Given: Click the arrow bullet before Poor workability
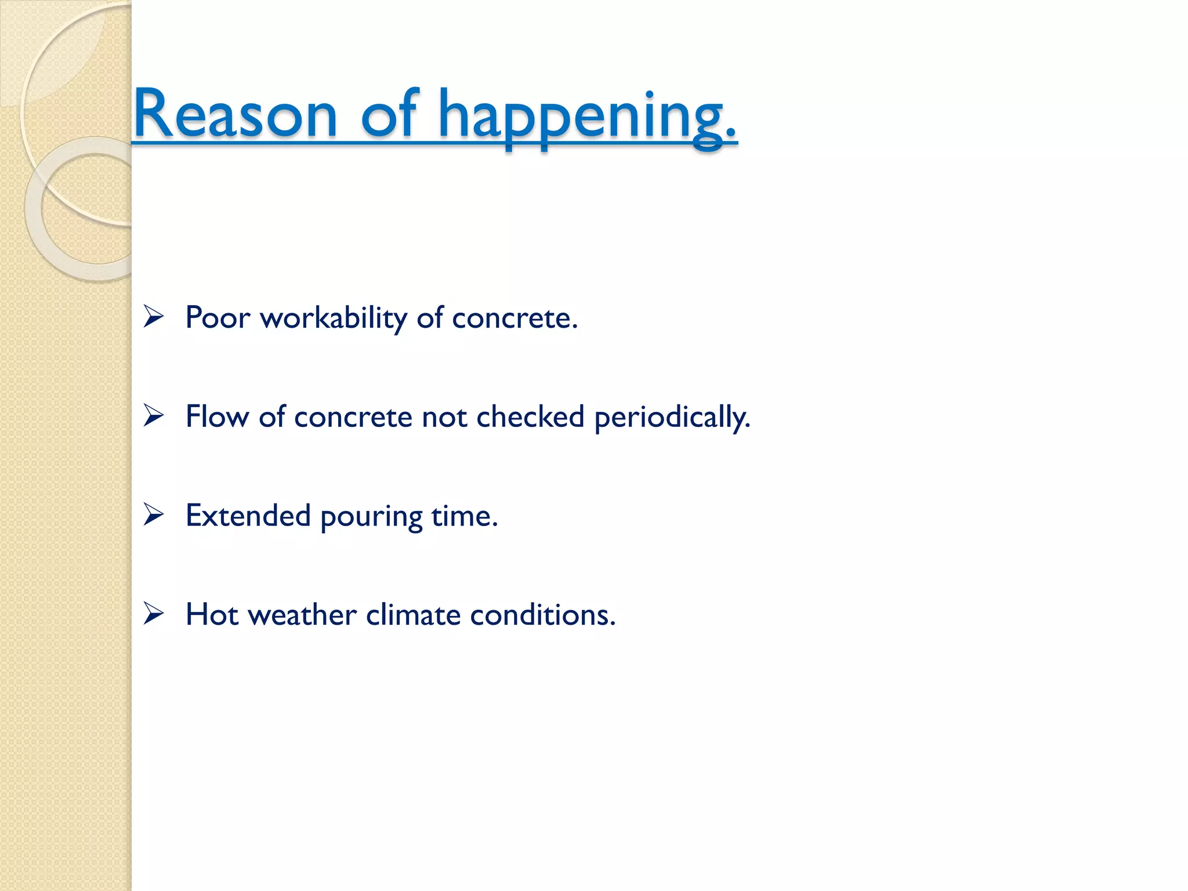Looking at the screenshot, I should tap(154, 317).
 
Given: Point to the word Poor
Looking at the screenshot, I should tap(218, 318).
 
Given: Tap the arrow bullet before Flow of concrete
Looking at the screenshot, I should tap(154, 416).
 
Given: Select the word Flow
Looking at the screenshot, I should tap(217, 416).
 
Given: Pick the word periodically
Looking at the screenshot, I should tap(672, 418).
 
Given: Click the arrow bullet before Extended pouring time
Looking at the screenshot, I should tap(154, 515).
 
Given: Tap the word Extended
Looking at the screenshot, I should tap(248, 515).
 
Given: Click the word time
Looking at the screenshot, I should tap(464, 515).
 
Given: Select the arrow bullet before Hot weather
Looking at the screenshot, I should tap(154, 613).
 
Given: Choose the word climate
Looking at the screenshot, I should tap(413, 614).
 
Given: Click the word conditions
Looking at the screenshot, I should tap(542, 615).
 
